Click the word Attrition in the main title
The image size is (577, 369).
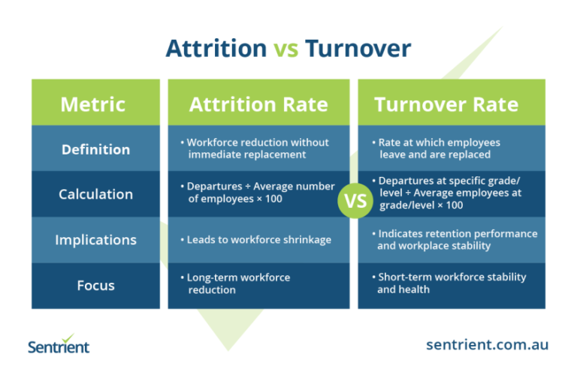point(216,49)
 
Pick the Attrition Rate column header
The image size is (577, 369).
point(258,103)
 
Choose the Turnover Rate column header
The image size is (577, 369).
point(446,103)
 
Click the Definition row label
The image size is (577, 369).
point(95,149)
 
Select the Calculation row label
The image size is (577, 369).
point(95,194)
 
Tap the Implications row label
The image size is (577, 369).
point(95,240)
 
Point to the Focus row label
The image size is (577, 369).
point(95,284)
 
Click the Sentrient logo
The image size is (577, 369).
point(59,343)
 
